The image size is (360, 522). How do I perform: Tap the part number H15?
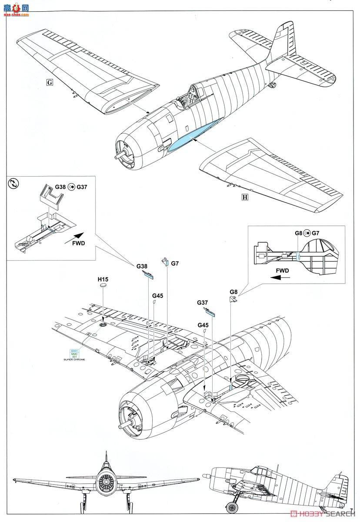103,279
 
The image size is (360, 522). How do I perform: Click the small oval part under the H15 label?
103,286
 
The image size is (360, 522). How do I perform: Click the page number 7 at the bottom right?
350,509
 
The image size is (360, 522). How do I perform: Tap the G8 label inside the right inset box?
298,233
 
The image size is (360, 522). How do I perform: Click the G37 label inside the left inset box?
81,187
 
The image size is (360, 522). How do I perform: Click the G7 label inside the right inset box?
315,233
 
